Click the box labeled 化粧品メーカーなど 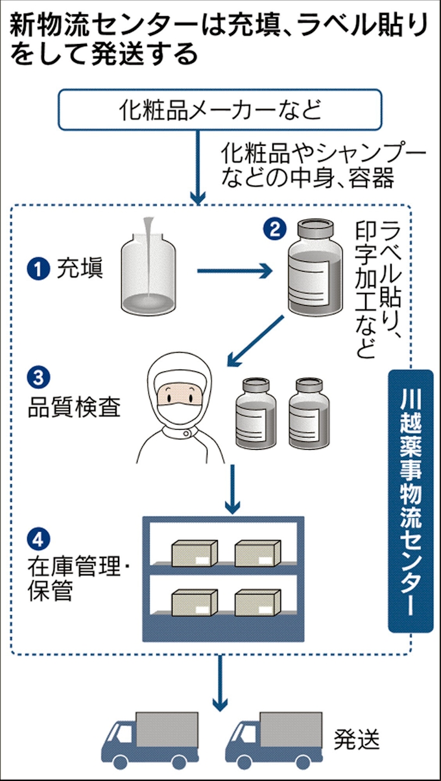(x=220, y=110)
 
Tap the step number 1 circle (x=38, y=268)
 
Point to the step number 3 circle (x=38, y=376)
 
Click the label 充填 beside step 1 (x=80, y=268)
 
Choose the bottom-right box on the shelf (x=257, y=602)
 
